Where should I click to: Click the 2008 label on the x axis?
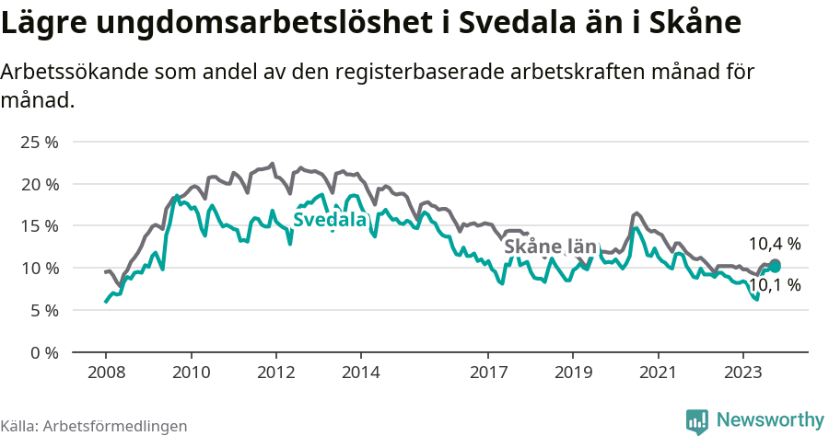tap(106, 373)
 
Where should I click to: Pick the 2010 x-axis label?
tap(191, 373)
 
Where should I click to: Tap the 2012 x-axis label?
tap(275, 373)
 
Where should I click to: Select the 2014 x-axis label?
tap(360, 373)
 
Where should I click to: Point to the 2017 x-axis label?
tap(488, 373)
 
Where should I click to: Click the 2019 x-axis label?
tap(573, 373)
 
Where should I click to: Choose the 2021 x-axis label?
tap(658, 373)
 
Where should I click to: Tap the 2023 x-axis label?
tap(742, 373)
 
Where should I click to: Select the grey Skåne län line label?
tap(551, 247)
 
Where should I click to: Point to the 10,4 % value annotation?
tap(774, 244)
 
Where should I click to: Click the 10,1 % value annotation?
tap(774, 285)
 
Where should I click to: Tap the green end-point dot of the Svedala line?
tap(775, 266)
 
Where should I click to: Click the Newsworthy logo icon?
tap(697, 420)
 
